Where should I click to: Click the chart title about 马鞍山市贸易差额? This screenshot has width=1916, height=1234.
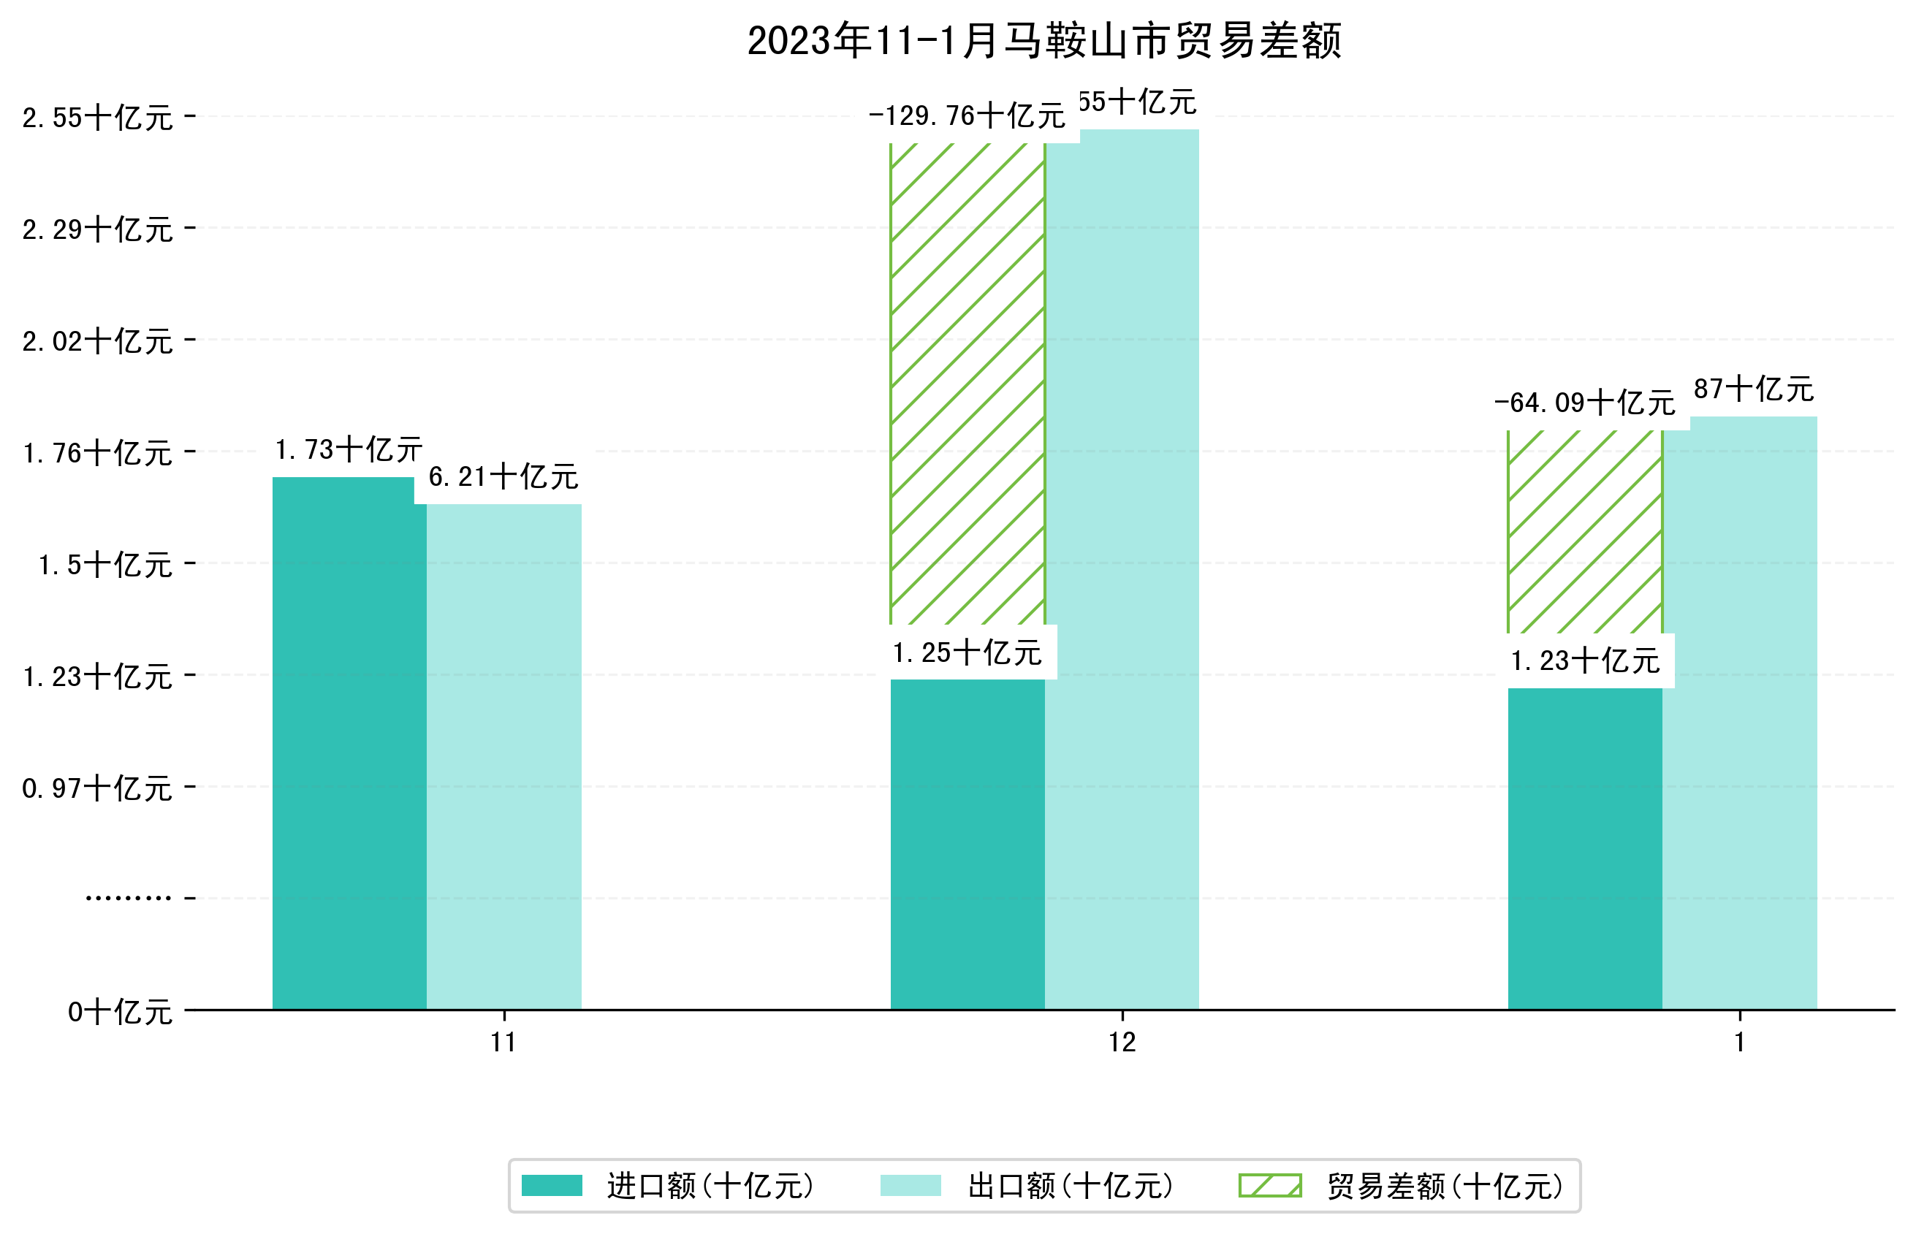click(1043, 41)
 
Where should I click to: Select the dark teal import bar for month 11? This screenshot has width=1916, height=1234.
click(349, 745)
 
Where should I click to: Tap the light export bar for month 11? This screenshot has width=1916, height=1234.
click(503, 757)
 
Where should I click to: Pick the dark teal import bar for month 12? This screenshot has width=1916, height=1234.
click(967, 845)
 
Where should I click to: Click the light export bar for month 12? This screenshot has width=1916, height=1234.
click(1122, 569)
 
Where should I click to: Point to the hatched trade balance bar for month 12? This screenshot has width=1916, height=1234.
click(967, 384)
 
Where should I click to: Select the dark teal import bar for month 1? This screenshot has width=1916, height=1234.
click(1584, 850)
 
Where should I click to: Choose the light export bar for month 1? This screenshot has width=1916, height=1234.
click(1739, 713)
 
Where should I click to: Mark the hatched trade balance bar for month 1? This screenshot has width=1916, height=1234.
click(1584, 533)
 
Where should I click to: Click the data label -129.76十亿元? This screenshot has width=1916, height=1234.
click(967, 117)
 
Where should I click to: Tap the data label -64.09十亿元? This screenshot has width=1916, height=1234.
click(1584, 403)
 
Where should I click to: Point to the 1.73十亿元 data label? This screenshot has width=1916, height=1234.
click(349, 450)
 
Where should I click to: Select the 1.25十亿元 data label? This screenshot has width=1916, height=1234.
click(967, 653)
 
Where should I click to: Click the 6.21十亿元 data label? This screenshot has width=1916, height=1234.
click(503, 478)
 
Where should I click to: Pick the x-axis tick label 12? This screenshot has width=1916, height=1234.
click(1122, 1043)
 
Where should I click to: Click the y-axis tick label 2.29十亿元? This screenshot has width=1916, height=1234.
click(98, 230)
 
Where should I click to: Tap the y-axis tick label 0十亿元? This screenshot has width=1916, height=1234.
click(120, 1012)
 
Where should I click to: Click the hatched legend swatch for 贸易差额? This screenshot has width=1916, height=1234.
click(1269, 1186)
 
